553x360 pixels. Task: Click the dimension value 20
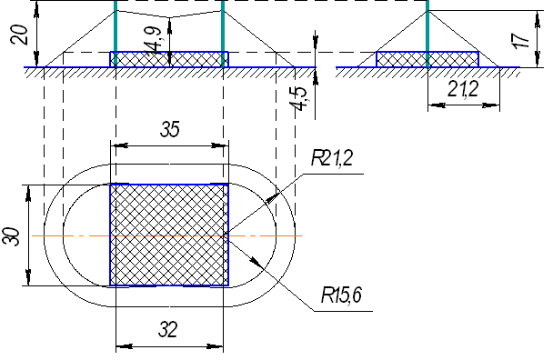pyautogui.click(x=20, y=35)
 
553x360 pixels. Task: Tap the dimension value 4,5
pyautogui.click(x=299, y=98)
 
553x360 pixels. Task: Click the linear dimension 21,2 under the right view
pyautogui.click(x=463, y=89)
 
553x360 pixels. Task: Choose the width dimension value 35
pyautogui.click(x=170, y=129)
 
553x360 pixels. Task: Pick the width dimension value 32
pyautogui.click(x=168, y=330)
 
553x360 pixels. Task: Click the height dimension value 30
pyautogui.click(x=11, y=236)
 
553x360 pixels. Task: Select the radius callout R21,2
pyautogui.click(x=332, y=157)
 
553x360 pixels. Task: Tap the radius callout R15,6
pyautogui.click(x=341, y=295)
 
